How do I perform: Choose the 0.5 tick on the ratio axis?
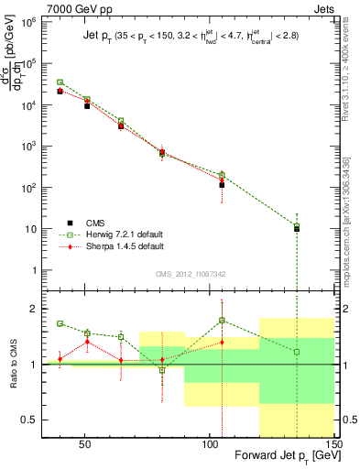pyautogui.click(x=37, y=420)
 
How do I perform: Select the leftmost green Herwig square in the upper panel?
pyautogui.click(x=60, y=82)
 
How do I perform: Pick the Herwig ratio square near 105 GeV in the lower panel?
pyautogui.click(x=223, y=321)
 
